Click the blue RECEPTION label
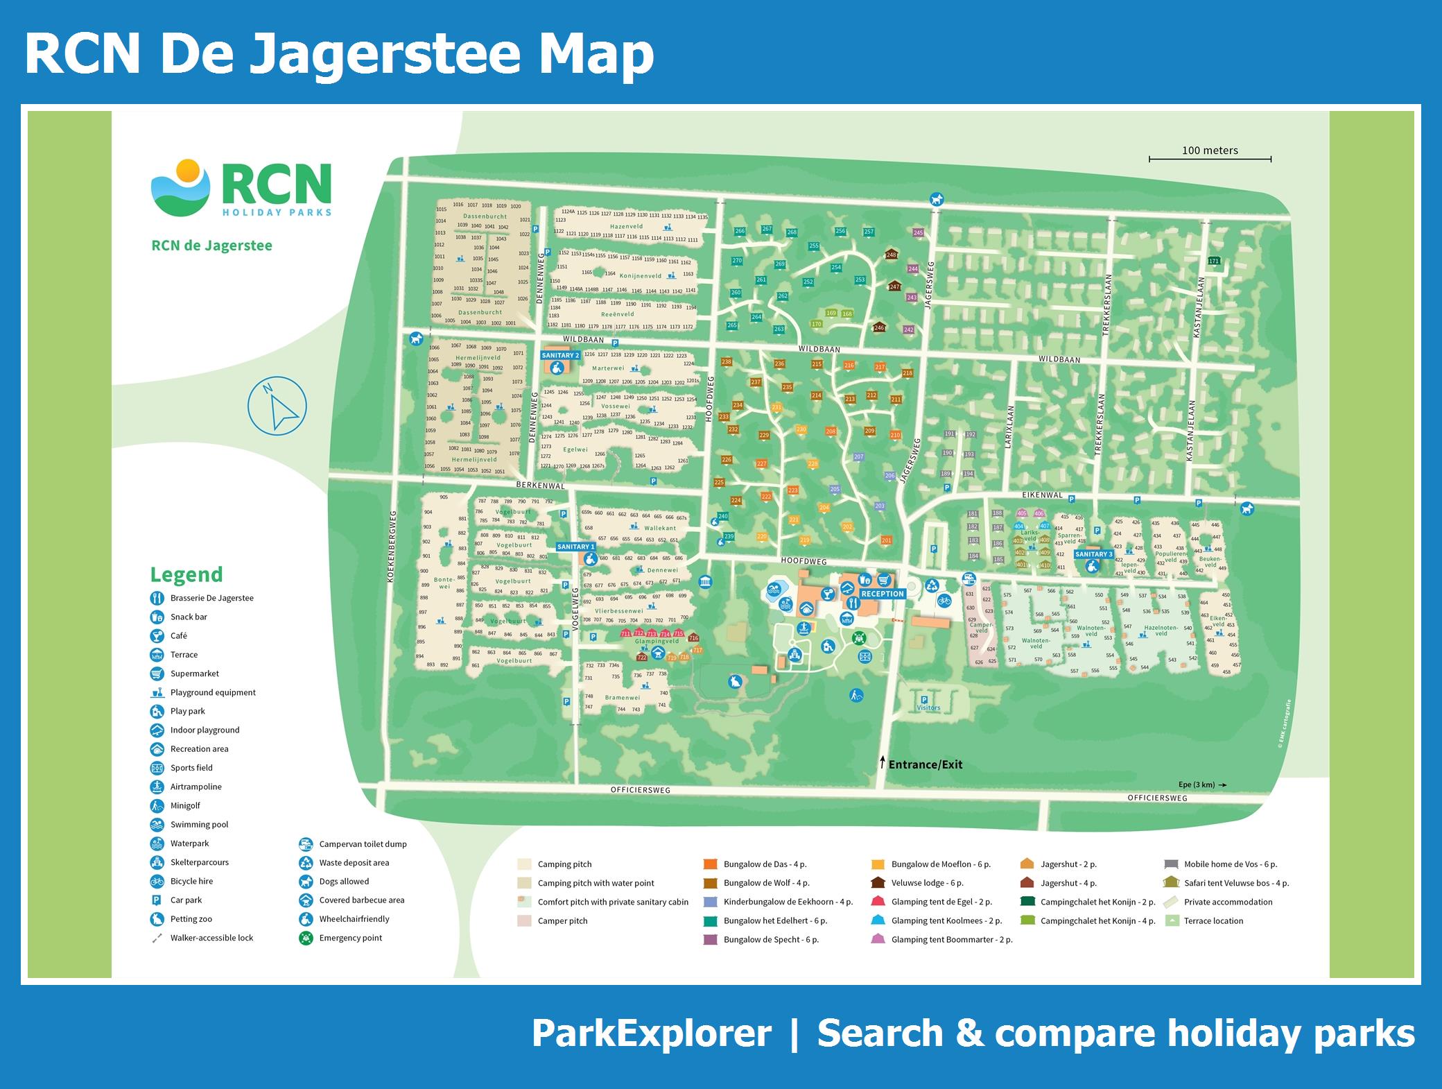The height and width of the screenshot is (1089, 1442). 882,594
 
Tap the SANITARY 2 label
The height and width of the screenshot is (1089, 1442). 560,355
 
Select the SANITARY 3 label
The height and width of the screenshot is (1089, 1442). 1093,554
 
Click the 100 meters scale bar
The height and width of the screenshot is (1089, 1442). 1210,159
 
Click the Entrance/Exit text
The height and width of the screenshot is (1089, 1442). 926,764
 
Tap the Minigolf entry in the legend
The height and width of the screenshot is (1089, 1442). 185,805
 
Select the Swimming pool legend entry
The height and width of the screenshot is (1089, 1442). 199,824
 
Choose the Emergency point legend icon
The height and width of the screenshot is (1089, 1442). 306,938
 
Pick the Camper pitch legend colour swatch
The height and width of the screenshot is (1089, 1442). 524,921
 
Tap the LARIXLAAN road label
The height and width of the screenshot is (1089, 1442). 1009,427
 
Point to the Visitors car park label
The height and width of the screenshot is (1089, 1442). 928,708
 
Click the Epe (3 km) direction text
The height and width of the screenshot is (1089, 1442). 1197,784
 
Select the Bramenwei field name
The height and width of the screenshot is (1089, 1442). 622,698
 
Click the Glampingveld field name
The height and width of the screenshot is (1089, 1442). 657,642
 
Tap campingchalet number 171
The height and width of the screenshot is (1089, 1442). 1213,261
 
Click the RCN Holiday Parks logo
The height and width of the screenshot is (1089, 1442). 241,189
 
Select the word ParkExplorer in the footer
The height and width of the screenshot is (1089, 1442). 651,1034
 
